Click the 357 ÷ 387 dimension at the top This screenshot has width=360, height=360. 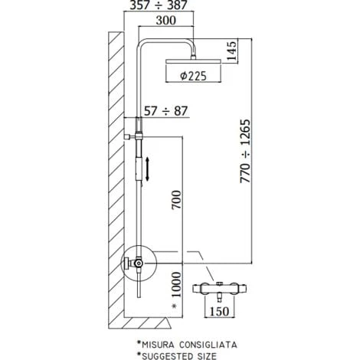159,5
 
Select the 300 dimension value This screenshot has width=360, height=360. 166,21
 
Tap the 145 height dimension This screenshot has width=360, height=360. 232,51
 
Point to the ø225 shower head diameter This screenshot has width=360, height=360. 193,76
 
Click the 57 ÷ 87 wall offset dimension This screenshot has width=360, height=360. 166,111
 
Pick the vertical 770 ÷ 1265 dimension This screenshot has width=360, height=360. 246,151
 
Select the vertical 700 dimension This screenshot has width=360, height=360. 176,200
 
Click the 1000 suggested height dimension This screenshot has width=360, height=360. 176,285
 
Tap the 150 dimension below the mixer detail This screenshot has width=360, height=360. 219,311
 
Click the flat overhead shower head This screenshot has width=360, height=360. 193,61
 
